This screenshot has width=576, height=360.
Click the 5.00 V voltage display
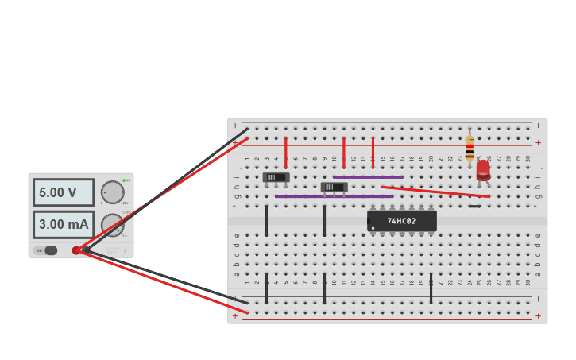[63, 192]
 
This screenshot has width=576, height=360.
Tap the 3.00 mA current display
[63, 224]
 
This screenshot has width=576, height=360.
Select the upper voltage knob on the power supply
[112, 192]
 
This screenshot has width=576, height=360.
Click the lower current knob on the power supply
[112, 225]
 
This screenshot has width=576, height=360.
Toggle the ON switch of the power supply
[50, 250]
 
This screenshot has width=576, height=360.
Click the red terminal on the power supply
[76, 250]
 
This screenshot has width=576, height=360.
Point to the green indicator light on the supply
[124, 180]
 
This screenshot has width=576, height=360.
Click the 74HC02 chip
[401, 221]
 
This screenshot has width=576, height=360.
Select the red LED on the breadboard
[483, 170]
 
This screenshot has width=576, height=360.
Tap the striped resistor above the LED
[470, 148]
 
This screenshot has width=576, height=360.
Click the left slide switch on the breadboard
[276, 177]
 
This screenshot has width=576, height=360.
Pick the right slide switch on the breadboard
[334, 188]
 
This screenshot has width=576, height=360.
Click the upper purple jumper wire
[368, 177]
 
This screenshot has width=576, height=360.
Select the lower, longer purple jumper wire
[334, 196]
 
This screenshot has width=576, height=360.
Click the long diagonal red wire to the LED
[435, 192]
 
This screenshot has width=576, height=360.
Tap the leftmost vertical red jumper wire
[286, 152]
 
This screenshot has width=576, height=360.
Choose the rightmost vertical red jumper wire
[373, 152]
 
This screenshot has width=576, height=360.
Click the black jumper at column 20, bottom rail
[431, 288]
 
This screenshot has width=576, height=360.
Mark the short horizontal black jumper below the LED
[474, 207]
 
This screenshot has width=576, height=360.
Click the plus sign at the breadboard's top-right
[538, 143]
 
